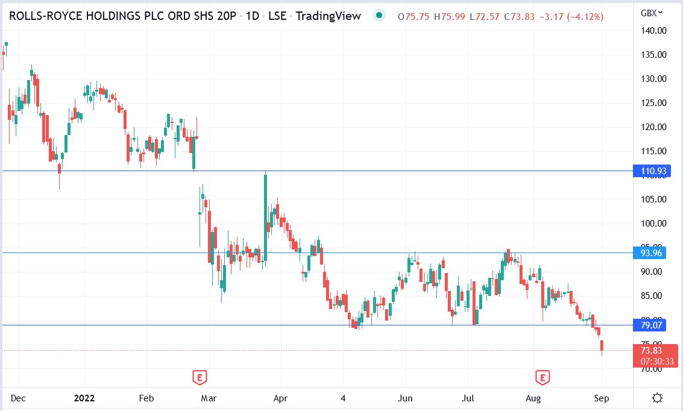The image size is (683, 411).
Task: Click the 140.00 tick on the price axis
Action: click(x=653, y=31)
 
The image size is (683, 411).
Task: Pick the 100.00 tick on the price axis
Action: click(x=653, y=224)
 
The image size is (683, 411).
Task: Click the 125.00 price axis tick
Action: click(x=653, y=103)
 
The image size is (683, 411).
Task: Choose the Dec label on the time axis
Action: click(x=18, y=398)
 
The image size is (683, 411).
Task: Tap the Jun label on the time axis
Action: click(x=406, y=398)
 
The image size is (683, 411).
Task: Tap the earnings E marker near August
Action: click(x=543, y=378)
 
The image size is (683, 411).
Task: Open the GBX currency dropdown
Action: click(x=652, y=13)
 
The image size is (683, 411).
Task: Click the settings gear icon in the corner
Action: click(x=658, y=398)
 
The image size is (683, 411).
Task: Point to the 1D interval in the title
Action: click(x=253, y=16)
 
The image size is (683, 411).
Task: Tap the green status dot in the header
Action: click(x=378, y=16)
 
